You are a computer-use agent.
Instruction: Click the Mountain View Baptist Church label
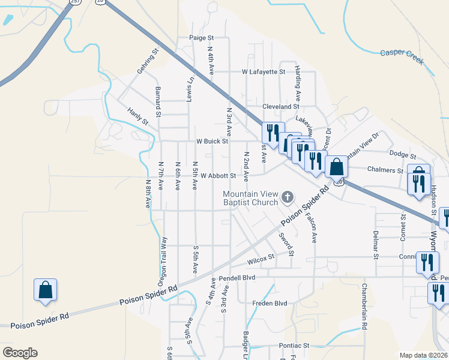pyautogui.click(x=250, y=199)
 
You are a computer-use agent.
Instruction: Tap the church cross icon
pyautogui.click(x=288, y=197)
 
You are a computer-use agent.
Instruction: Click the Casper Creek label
pyautogui.click(x=402, y=57)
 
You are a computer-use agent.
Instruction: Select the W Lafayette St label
pyautogui.click(x=263, y=72)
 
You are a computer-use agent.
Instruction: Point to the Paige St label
pyautogui.click(x=197, y=37)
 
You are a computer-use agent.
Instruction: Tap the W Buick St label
pyautogui.click(x=212, y=142)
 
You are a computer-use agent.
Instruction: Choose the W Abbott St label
pyautogui.click(x=218, y=176)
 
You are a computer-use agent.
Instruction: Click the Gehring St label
pyautogui.click(x=147, y=62)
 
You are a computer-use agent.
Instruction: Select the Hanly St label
pyautogui.click(x=137, y=116)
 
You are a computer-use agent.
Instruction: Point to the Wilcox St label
pyautogui.click(x=261, y=259)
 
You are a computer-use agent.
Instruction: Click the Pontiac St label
pyautogui.click(x=294, y=346)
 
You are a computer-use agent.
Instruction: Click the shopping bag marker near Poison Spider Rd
pyautogui.click(x=46, y=290)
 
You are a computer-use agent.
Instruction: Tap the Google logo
pyautogui.click(x=20, y=353)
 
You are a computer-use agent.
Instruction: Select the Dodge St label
pyautogui.click(x=399, y=154)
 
